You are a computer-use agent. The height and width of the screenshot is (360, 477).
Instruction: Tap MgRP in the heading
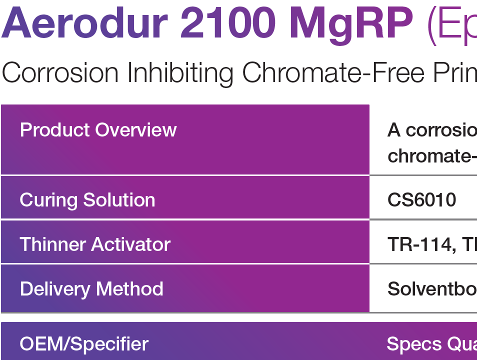click(352, 25)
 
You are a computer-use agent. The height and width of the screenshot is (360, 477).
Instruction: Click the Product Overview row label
click(98, 130)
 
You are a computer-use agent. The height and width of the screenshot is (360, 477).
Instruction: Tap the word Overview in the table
click(136, 130)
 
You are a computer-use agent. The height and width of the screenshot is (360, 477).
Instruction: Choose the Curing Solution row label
click(87, 200)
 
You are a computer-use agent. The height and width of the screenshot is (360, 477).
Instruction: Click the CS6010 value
click(421, 200)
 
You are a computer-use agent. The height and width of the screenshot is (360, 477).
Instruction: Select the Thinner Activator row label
click(95, 244)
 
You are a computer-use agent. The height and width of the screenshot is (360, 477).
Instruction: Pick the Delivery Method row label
click(91, 289)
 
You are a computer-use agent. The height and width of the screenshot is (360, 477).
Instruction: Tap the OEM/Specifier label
click(84, 344)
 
